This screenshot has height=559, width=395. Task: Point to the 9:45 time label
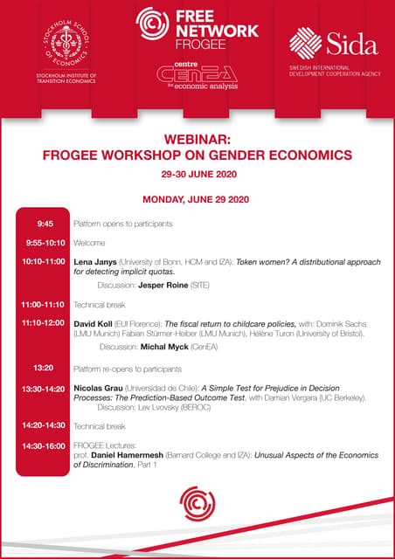pyautogui.click(x=45, y=224)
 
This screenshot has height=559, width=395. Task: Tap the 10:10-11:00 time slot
pyautogui.click(x=44, y=261)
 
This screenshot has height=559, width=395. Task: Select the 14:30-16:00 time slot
pyautogui.click(x=44, y=445)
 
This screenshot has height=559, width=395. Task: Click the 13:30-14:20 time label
pyautogui.click(x=44, y=388)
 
